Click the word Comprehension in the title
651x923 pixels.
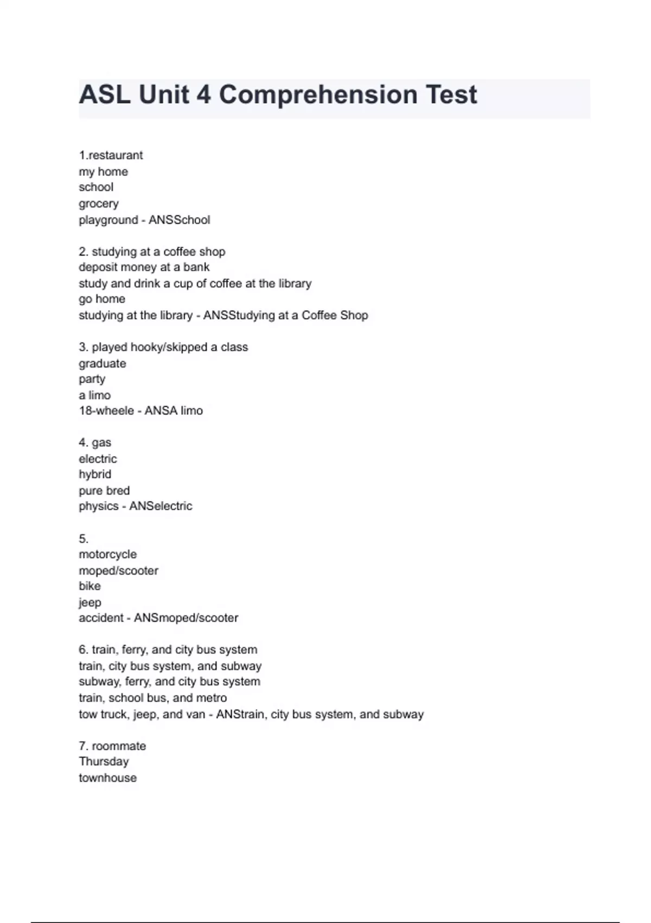click(x=318, y=95)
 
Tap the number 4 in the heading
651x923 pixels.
click(x=203, y=95)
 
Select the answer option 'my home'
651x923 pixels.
click(x=103, y=172)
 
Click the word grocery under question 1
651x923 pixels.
click(x=98, y=204)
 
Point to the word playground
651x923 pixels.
click(x=108, y=220)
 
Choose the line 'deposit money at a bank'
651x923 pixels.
click(x=144, y=267)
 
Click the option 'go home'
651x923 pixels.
click(x=101, y=299)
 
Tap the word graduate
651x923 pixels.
click(x=102, y=363)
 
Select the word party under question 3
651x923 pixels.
click(x=92, y=379)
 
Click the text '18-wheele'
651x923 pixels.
click(x=106, y=411)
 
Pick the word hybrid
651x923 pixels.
click(x=94, y=474)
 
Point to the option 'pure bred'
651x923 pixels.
click(x=104, y=490)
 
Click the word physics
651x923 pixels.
click(x=98, y=506)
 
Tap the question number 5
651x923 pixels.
click(x=83, y=539)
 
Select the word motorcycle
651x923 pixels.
click(x=107, y=554)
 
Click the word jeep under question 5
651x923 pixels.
click(x=90, y=602)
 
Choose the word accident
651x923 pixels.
click(x=101, y=618)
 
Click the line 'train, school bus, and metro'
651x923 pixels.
click(x=152, y=698)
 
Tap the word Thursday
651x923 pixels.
click(x=103, y=762)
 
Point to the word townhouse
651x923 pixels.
click(x=107, y=778)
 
